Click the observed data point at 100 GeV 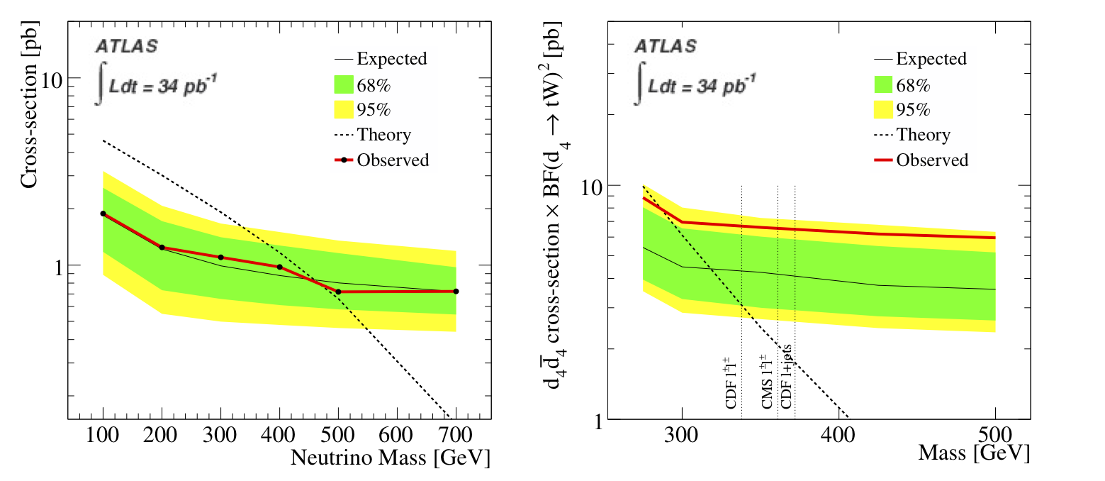pos(103,214)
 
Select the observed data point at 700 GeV pos(456,291)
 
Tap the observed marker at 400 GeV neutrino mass pos(279,267)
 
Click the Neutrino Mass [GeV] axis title pos(390,458)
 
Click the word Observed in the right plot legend pos(931,160)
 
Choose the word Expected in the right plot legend pos(931,59)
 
